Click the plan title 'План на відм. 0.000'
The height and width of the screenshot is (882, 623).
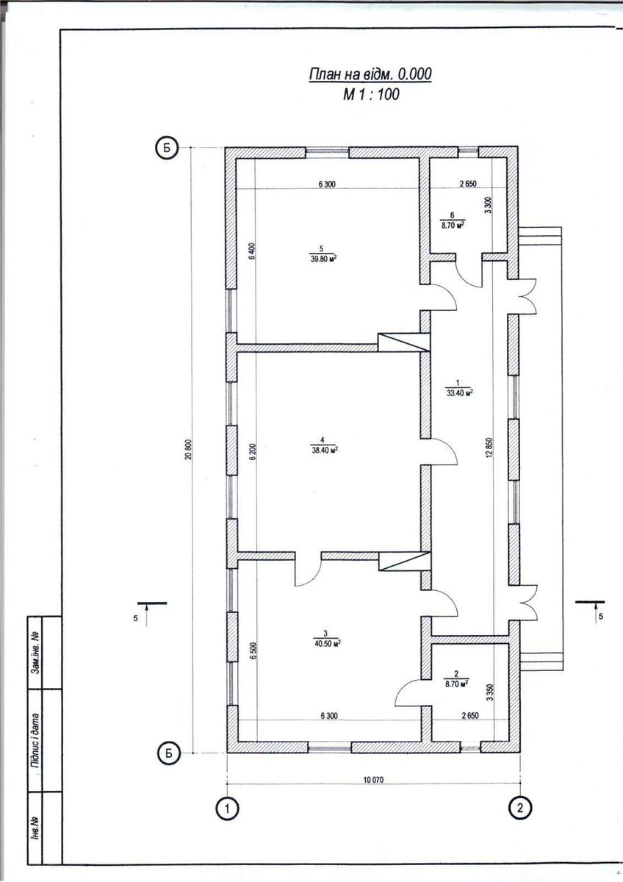tap(370, 74)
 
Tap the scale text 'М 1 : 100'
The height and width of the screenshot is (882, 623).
tap(371, 95)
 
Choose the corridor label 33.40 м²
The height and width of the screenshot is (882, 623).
tap(459, 392)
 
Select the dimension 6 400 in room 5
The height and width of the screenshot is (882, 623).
tap(252, 251)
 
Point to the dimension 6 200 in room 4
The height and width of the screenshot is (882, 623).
tap(252, 452)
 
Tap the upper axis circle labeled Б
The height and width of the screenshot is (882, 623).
tap(168, 148)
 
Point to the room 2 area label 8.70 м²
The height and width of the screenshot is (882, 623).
tap(456, 683)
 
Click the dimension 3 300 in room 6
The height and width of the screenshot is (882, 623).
tap(489, 205)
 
